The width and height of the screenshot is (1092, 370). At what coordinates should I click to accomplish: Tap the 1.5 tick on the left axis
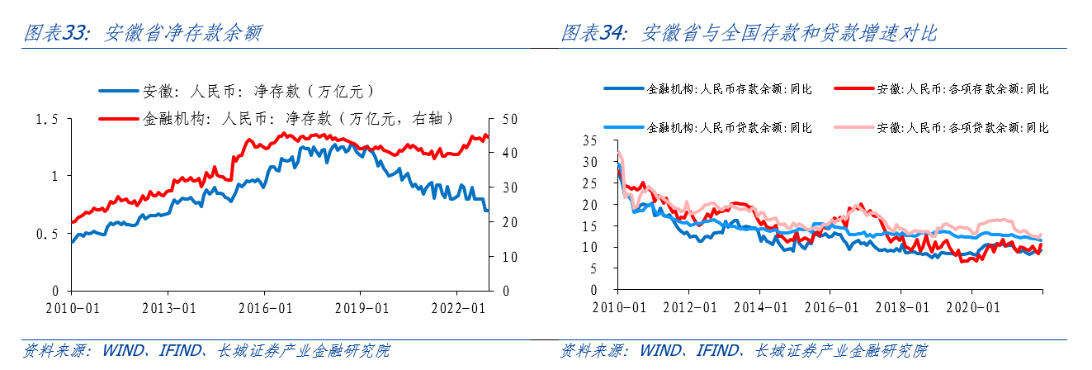[x=48, y=120]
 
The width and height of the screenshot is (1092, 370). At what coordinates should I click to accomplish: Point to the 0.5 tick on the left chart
[x=48, y=235]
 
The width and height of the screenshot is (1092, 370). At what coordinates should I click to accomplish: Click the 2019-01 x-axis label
[x=360, y=306]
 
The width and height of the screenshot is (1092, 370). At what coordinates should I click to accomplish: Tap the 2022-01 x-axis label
[x=456, y=306]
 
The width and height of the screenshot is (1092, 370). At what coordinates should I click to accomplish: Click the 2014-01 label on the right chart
[x=759, y=306]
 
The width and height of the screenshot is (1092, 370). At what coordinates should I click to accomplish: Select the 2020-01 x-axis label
[x=971, y=306]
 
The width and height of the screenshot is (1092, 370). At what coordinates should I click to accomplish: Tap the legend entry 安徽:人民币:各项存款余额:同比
[x=962, y=88]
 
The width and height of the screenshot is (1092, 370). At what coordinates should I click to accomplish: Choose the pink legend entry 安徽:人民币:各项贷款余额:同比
[x=962, y=128]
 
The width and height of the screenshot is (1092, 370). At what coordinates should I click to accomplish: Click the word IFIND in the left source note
[x=178, y=351]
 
